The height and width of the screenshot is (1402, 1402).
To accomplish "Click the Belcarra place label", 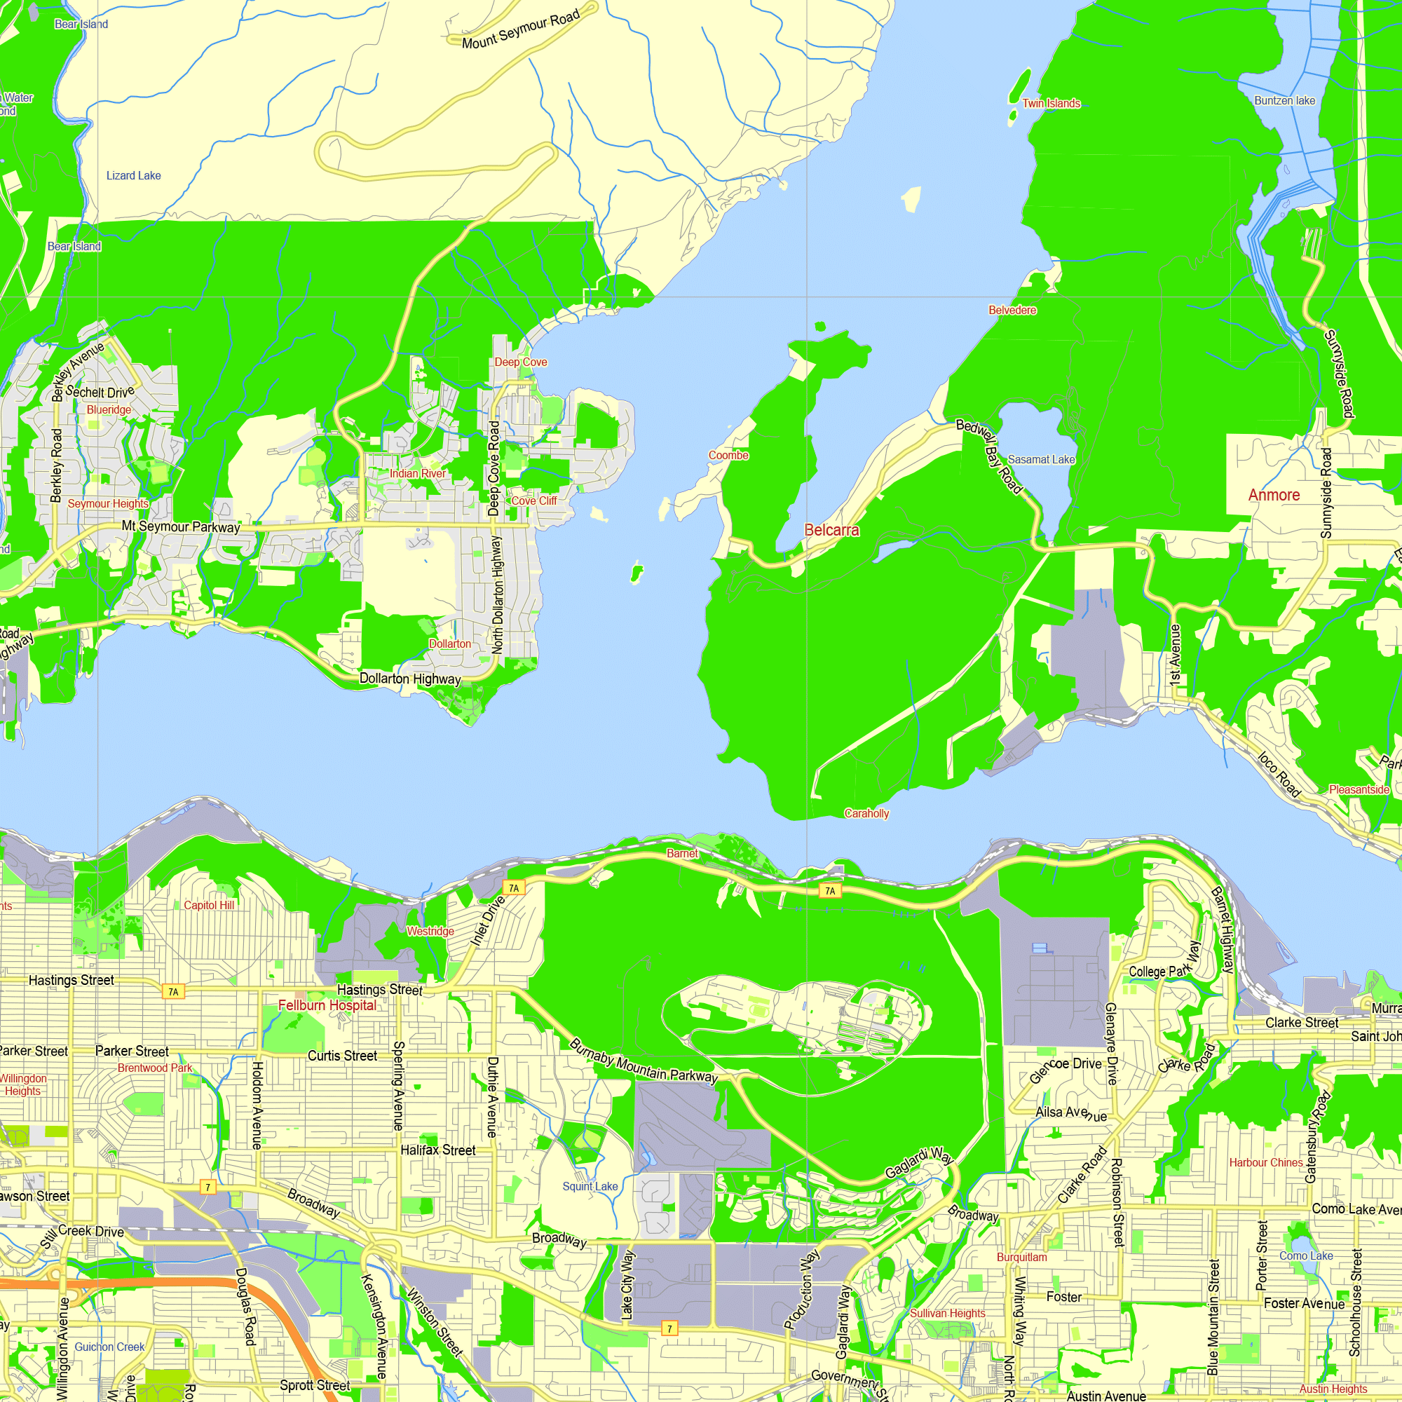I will (x=831, y=531).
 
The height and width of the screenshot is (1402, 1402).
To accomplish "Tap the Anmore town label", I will (x=1274, y=495).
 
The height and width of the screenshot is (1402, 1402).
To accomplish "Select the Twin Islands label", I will (x=1051, y=104).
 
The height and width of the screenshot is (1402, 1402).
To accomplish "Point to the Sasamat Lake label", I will (x=1042, y=459).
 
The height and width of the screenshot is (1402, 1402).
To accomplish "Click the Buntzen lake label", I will (x=1284, y=101).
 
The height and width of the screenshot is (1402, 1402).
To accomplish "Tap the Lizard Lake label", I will (x=133, y=176).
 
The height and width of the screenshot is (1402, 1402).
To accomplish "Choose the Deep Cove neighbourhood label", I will (x=520, y=362).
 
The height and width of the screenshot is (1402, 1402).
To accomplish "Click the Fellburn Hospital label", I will (x=327, y=1006).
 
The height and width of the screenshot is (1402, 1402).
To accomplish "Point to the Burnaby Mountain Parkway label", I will (x=643, y=1061).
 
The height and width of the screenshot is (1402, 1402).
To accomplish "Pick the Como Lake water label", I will (x=1306, y=1256).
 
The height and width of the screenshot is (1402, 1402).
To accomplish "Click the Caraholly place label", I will (x=866, y=813).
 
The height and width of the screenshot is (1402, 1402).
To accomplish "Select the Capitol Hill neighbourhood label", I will (x=209, y=905).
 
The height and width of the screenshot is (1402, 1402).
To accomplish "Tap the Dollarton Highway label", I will (x=410, y=679).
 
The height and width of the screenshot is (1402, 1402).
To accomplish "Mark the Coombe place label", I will (x=728, y=456).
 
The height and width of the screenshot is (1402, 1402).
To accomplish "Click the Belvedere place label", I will (x=1012, y=311).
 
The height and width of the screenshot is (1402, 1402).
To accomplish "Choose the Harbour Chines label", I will (x=1265, y=1162).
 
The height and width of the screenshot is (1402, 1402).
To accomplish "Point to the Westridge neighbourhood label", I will (x=430, y=931).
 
